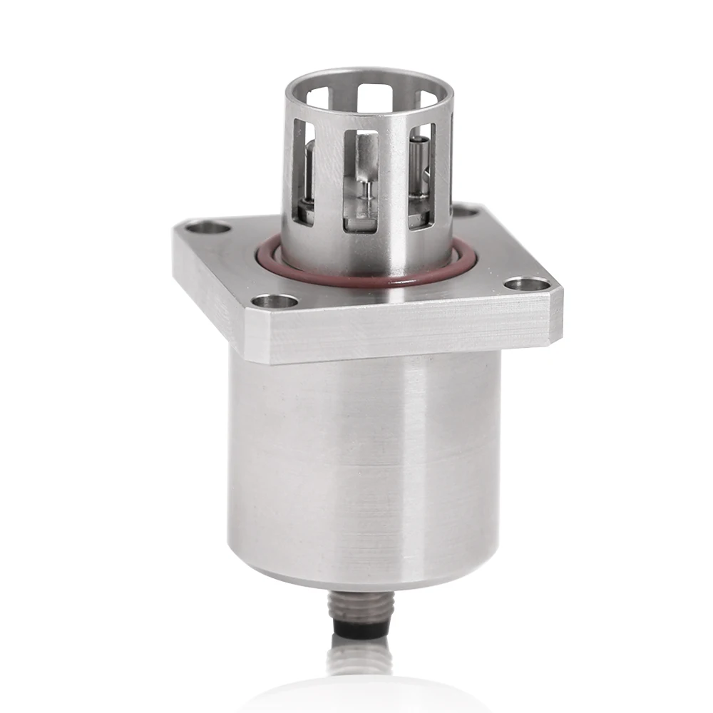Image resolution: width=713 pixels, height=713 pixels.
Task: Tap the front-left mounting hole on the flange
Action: tap(275, 301)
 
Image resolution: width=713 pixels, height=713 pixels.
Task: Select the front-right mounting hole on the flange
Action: tap(528, 284)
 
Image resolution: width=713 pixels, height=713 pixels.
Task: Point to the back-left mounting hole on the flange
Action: tap(207, 228)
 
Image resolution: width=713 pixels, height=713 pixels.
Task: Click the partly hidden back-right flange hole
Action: tap(464, 211)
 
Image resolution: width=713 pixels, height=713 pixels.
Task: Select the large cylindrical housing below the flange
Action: tap(364, 471)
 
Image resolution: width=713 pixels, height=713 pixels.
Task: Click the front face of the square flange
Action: tap(399, 332)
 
